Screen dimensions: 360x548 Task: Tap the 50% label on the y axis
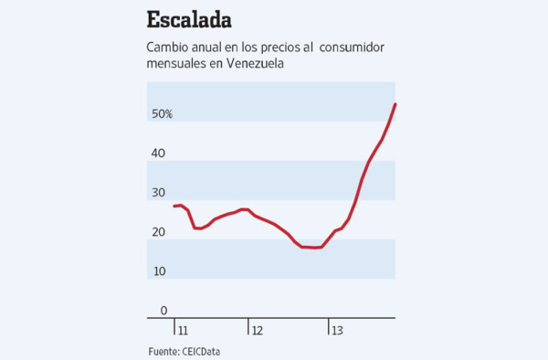click(162, 114)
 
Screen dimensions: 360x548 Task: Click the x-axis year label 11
click(183, 330)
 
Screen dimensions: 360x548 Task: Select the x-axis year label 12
click(258, 330)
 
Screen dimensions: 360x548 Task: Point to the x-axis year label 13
click(336, 330)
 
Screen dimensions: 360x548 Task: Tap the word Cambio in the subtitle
click(169, 48)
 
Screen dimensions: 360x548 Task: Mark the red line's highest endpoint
click(395, 104)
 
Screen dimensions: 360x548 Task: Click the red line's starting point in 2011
click(173, 206)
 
